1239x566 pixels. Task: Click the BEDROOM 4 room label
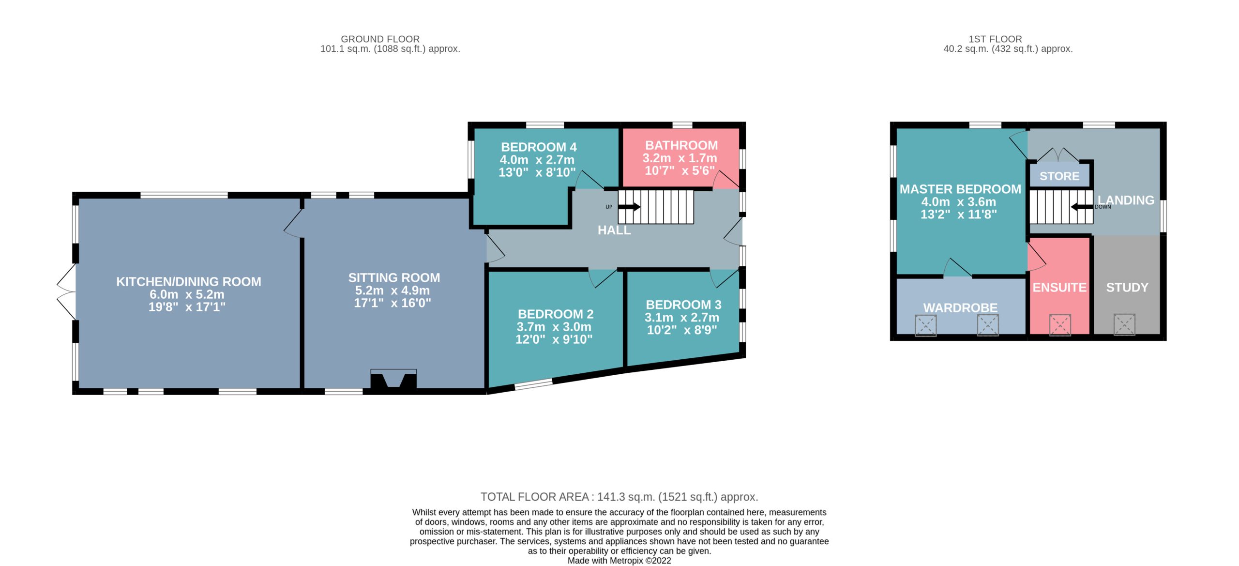point(539,147)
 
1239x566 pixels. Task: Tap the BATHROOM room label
point(681,145)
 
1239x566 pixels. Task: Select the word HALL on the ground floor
point(614,230)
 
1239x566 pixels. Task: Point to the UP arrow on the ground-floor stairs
point(629,207)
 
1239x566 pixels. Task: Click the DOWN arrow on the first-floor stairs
point(1082,207)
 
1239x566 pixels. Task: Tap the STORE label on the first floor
point(1059,176)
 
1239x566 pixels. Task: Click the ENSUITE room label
point(1059,288)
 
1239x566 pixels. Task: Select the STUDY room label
point(1127,288)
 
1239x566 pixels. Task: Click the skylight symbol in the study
point(1124,325)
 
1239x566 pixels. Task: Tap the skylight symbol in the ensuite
point(1060,325)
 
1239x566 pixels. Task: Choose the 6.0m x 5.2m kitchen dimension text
point(187,294)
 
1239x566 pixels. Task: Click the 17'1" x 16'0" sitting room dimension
point(393,303)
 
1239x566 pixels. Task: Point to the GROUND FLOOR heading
point(380,39)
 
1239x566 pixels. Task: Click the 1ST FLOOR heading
point(995,39)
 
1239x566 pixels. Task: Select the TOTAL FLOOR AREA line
point(619,497)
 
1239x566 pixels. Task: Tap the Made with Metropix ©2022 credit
point(619,561)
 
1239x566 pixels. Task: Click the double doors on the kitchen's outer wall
point(66,291)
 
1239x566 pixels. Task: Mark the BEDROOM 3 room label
point(683,305)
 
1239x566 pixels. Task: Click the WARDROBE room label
point(960,308)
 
